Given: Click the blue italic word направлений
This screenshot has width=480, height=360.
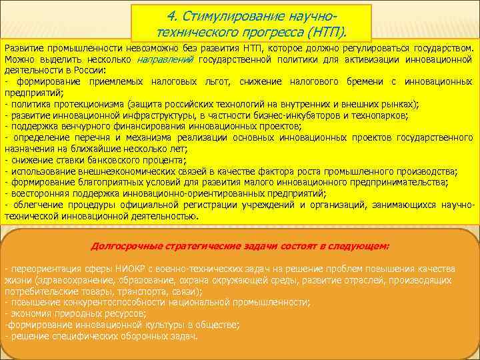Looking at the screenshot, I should pos(165,59).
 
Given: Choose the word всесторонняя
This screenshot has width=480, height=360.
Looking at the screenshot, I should pos(33,192).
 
